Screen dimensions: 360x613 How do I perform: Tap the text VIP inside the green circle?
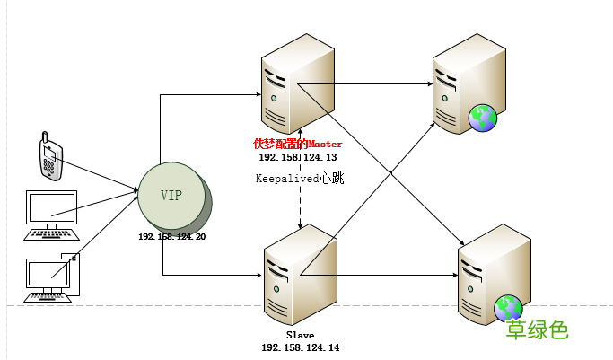coord(171,195)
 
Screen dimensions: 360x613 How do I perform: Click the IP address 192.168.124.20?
coord(171,236)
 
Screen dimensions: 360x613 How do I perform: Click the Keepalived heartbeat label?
coord(300,179)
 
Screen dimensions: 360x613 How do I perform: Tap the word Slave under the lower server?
coord(300,335)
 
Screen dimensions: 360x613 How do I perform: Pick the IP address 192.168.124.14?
coord(300,347)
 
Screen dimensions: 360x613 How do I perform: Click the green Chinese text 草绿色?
coord(537,330)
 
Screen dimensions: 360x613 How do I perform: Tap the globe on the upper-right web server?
coord(483,117)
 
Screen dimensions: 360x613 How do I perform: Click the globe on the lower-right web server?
coord(508,309)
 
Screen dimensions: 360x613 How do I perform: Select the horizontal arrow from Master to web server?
coord(368,85)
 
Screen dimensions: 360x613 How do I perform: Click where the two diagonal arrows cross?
coord(390,171)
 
